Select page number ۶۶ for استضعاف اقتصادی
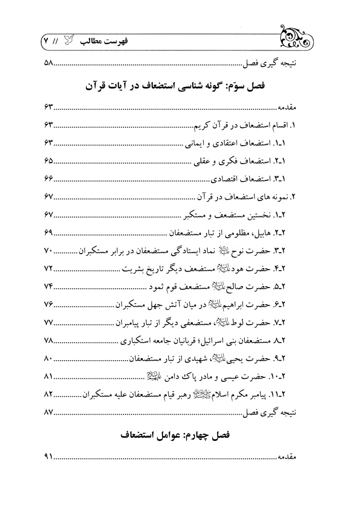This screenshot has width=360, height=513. point(46,178)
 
